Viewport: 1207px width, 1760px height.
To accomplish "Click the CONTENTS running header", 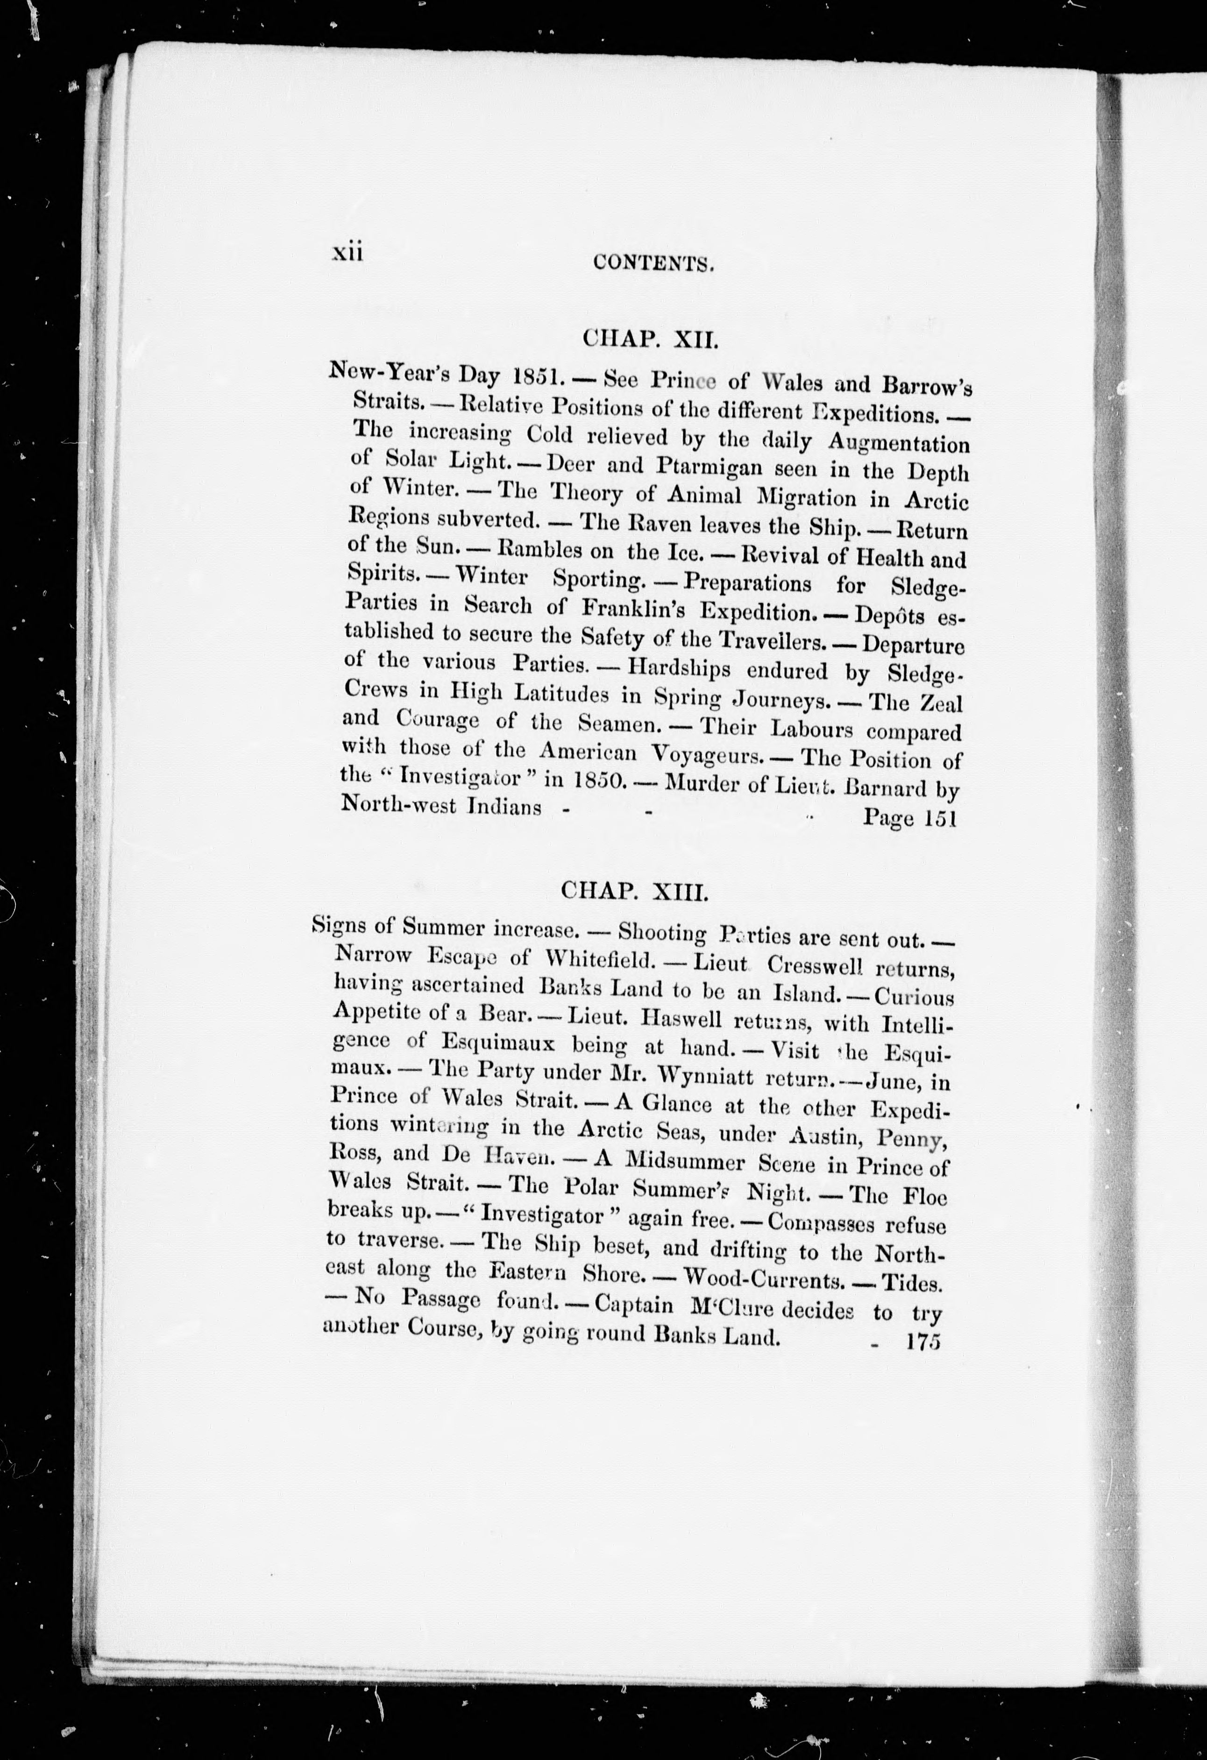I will pyautogui.click(x=655, y=263).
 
